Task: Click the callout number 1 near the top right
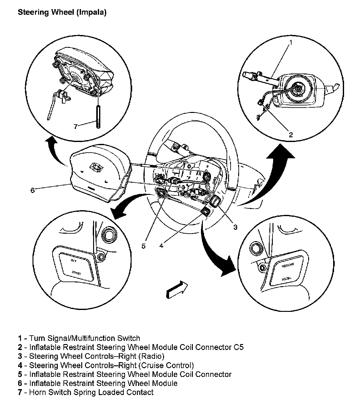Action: [x=291, y=42]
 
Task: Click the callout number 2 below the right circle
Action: [x=291, y=135]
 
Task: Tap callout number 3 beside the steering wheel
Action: [x=235, y=227]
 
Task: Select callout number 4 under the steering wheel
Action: [x=161, y=246]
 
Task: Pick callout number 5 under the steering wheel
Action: [x=143, y=246]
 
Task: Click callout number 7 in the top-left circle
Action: [x=75, y=126]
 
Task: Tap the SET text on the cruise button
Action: [x=74, y=260]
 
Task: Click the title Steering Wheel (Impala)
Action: [x=62, y=13]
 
